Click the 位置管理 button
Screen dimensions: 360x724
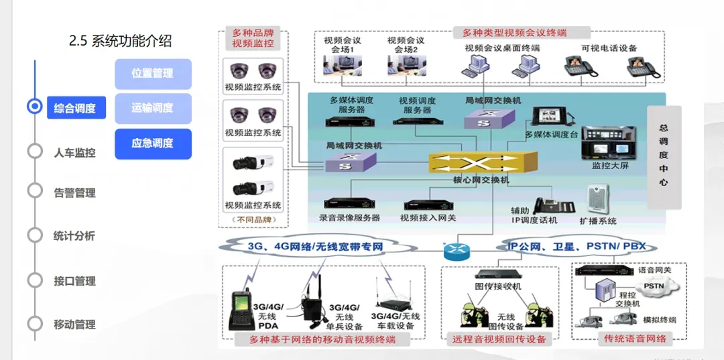click(x=153, y=74)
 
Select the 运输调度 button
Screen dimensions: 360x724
click(x=153, y=108)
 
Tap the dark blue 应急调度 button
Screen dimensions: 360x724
click(x=153, y=143)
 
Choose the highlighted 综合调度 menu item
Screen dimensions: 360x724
click(x=76, y=108)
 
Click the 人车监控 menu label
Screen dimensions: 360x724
click(x=74, y=152)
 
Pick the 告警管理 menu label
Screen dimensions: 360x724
click(x=74, y=193)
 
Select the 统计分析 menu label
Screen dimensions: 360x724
click(x=74, y=236)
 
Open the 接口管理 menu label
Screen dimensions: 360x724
click(x=74, y=281)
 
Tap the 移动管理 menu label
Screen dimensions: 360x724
click(x=74, y=324)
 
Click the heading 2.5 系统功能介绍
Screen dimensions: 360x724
click(x=121, y=42)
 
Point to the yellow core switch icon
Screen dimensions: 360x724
click(x=482, y=163)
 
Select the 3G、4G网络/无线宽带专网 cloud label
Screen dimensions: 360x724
click(x=315, y=246)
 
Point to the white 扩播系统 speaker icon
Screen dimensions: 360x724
click(x=597, y=199)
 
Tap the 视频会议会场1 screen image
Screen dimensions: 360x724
click(x=342, y=65)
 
